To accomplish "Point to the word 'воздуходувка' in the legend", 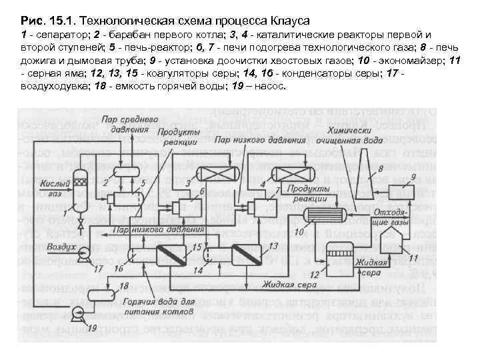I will tap(53, 87).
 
